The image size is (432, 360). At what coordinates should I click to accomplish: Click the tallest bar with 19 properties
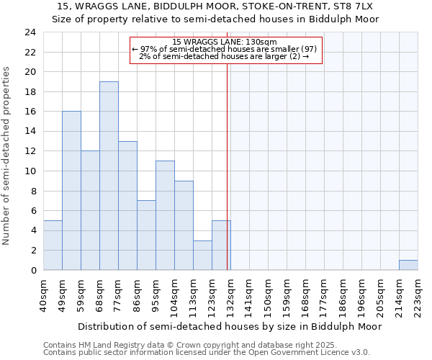(109, 176)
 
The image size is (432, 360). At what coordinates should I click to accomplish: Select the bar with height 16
(71, 191)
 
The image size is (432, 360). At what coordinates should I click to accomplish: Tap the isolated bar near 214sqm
(408, 265)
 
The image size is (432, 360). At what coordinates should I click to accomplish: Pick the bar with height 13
(127, 205)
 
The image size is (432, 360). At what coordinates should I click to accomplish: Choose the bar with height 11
(165, 215)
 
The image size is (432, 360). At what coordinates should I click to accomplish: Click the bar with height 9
(184, 225)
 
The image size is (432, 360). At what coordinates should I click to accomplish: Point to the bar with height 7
(146, 235)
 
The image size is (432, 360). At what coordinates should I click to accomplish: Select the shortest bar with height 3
(202, 255)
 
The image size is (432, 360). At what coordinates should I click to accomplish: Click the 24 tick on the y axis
(30, 32)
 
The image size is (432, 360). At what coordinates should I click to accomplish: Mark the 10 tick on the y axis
(30, 171)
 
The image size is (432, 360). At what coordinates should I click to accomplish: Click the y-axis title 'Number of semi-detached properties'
(7, 156)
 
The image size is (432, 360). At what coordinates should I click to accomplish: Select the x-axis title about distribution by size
(230, 326)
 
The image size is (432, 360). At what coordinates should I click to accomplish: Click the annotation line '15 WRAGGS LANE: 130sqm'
(225, 42)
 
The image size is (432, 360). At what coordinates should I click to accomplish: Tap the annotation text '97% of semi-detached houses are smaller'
(225, 49)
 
